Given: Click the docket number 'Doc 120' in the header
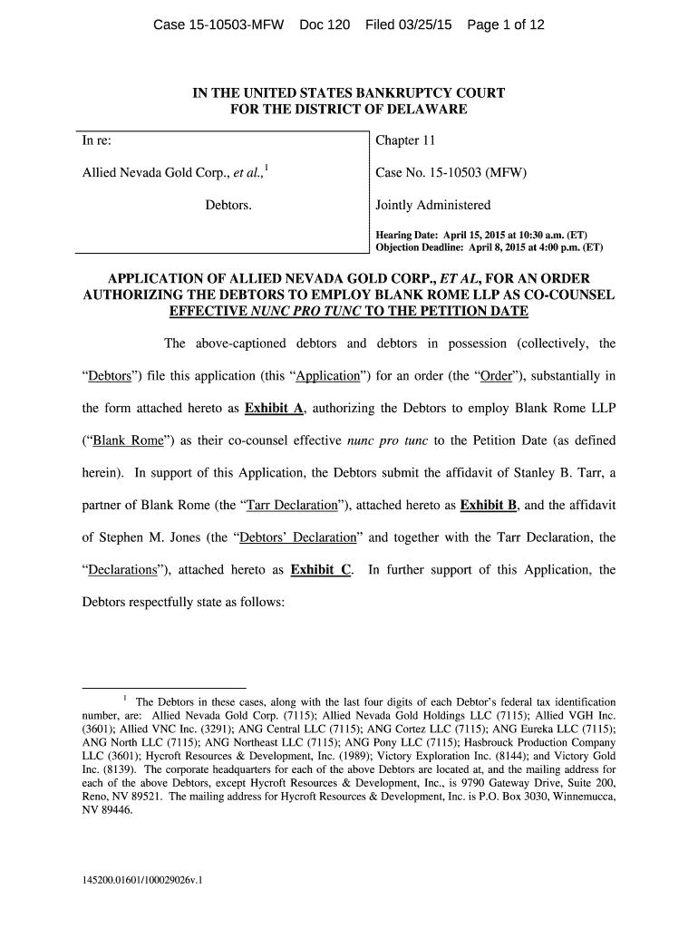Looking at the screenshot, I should tap(324, 24).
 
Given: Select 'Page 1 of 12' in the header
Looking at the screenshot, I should tap(506, 24).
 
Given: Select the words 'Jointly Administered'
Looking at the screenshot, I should tap(432, 205).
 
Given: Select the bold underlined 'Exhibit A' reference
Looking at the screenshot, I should tap(273, 408).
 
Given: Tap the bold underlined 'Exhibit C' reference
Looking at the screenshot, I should tap(320, 570).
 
